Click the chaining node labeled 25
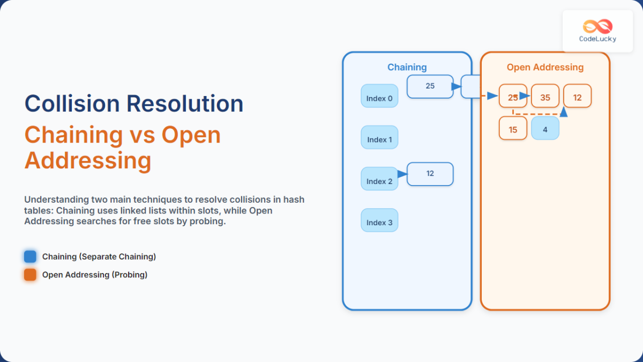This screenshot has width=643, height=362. pyautogui.click(x=430, y=86)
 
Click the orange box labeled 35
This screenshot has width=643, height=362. pyautogui.click(x=545, y=97)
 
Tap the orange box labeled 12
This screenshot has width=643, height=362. pyautogui.click(x=577, y=97)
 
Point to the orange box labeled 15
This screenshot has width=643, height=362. pyautogui.click(x=513, y=129)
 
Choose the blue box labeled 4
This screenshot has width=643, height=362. pyautogui.click(x=545, y=129)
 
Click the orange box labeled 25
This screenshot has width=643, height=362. pyautogui.click(x=513, y=97)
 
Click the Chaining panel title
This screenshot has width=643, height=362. pyautogui.click(x=407, y=68)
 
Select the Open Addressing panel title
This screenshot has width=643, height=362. pyautogui.click(x=545, y=68)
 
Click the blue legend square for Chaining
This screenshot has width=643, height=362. pyautogui.click(x=31, y=256)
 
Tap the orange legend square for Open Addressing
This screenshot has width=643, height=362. pyautogui.click(x=31, y=275)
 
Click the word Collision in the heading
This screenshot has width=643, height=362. pyautogui.click(x=72, y=104)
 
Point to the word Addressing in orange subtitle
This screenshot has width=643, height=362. pyautogui.click(x=87, y=160)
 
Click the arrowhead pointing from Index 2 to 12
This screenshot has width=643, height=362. pyautogui.click(x=403, y=174)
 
